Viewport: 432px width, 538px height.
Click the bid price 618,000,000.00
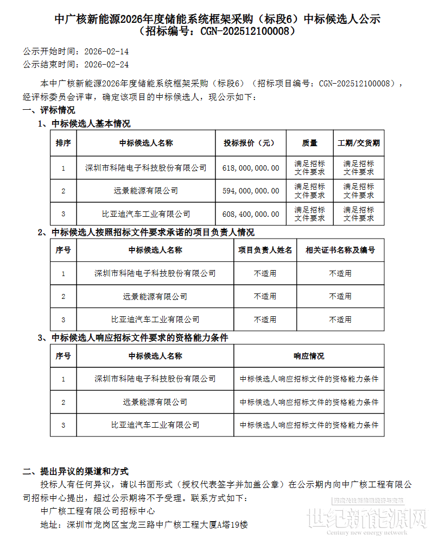click(x=251, y=168)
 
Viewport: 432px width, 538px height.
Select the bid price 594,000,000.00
click(x=251, y=191)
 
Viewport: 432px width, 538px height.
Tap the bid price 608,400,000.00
click(x=251, y=214)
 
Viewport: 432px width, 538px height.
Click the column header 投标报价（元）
click(x=250, y=143)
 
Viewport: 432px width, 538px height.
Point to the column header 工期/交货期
click(x=359, y=143)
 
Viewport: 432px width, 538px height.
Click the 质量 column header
click(x=310, y=143)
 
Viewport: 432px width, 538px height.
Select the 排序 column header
click(x=63, y=143)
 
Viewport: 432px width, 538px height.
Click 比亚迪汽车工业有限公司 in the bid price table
click(x=147, y=214)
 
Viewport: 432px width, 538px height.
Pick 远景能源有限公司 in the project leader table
click(x=155, y=296)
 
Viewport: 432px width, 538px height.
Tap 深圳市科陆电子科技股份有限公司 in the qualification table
click(x=155, y=379)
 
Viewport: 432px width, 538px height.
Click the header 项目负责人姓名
click(x=265, y=250)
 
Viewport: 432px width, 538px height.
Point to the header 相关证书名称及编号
click(x=340, y=250)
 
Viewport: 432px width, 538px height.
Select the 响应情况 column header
click(x=309, y=356)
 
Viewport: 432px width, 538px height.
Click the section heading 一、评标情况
click(x=49, y=110)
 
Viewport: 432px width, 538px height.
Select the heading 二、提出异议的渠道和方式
click(x=75, y=471)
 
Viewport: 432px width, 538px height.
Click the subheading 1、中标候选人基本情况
click(x=84, y=123)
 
